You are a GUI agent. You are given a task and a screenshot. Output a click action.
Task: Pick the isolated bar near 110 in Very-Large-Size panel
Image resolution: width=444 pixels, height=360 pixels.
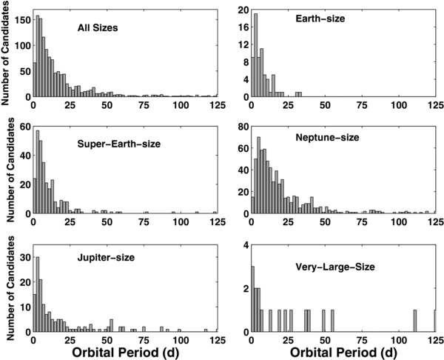click(x=415, y=321)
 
